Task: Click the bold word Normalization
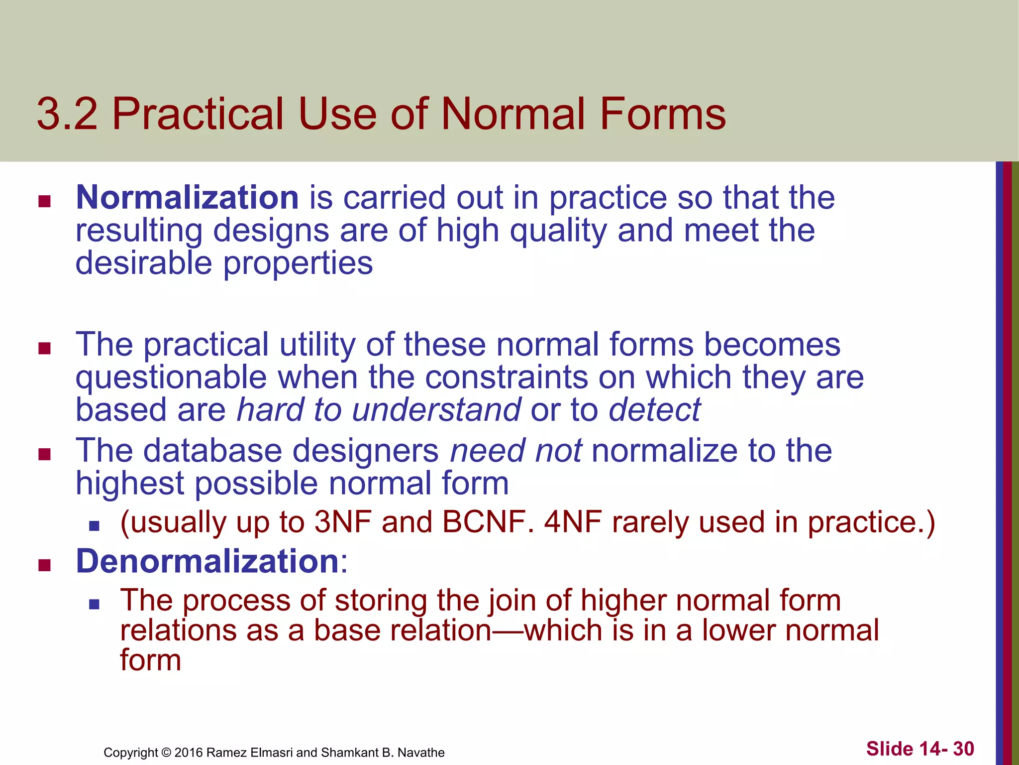coord(187,198)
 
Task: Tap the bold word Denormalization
coord(207,561)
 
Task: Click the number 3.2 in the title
coord(67,114)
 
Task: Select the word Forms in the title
coord(663,114)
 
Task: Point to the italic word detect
coord(655,410)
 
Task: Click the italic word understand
coord(436,410)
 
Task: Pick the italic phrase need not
coord(515,451)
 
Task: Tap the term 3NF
coord(343,522)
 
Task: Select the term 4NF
coord(573,522)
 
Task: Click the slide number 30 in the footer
coord(963,749)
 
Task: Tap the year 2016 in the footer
coord(189,753)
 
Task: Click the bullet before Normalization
coord(45,201)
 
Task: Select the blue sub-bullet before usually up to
coord(94,526)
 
